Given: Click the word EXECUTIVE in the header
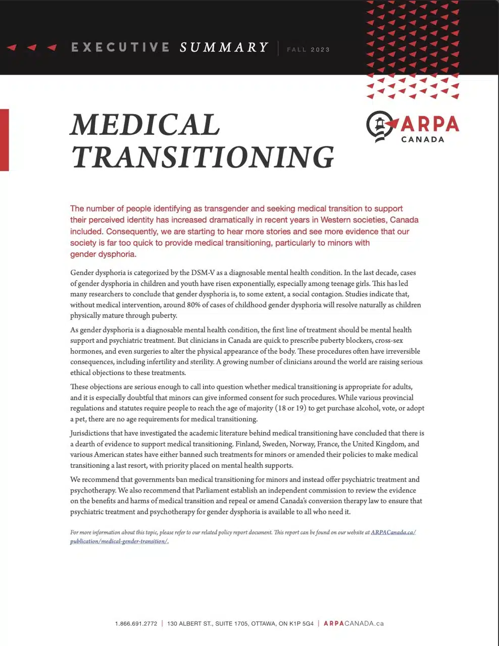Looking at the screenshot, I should click(120, 47).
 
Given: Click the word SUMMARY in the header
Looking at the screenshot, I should click(224, 47).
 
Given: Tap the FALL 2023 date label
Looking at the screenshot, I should click(308, 49).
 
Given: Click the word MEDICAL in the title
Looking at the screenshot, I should click(145, 124).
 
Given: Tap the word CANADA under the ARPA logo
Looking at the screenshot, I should click(423, 139).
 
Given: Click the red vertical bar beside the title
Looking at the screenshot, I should click(4, 140).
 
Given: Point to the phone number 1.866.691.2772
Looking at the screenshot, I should click(136, 624).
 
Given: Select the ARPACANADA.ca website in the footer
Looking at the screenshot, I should click(354, 624).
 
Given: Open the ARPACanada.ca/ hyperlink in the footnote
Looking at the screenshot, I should click(393, 532).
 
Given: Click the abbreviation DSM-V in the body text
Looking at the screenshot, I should click(204, 273).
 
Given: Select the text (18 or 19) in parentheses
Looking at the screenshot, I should click(289, 408).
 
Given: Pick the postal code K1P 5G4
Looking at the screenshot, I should click(301, 624).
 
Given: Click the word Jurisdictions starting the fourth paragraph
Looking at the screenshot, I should click(89, 433).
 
